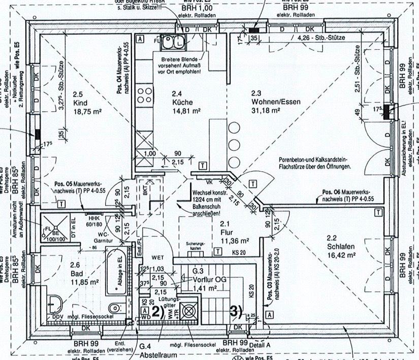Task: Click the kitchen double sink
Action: (x=172, y=44)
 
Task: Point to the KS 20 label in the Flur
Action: (x=239, y=252)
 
